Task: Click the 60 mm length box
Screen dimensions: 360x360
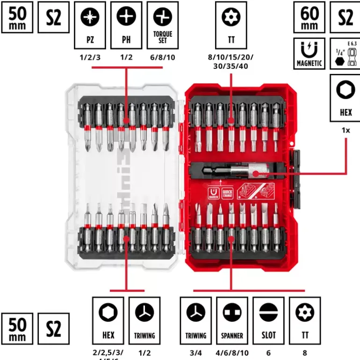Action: (x=309, y=17)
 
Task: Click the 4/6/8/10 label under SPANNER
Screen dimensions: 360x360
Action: (x=232, y=351)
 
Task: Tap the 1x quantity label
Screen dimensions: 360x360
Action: (x=345, y=130)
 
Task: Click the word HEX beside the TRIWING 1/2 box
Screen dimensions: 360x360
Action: (x=108, y=335)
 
